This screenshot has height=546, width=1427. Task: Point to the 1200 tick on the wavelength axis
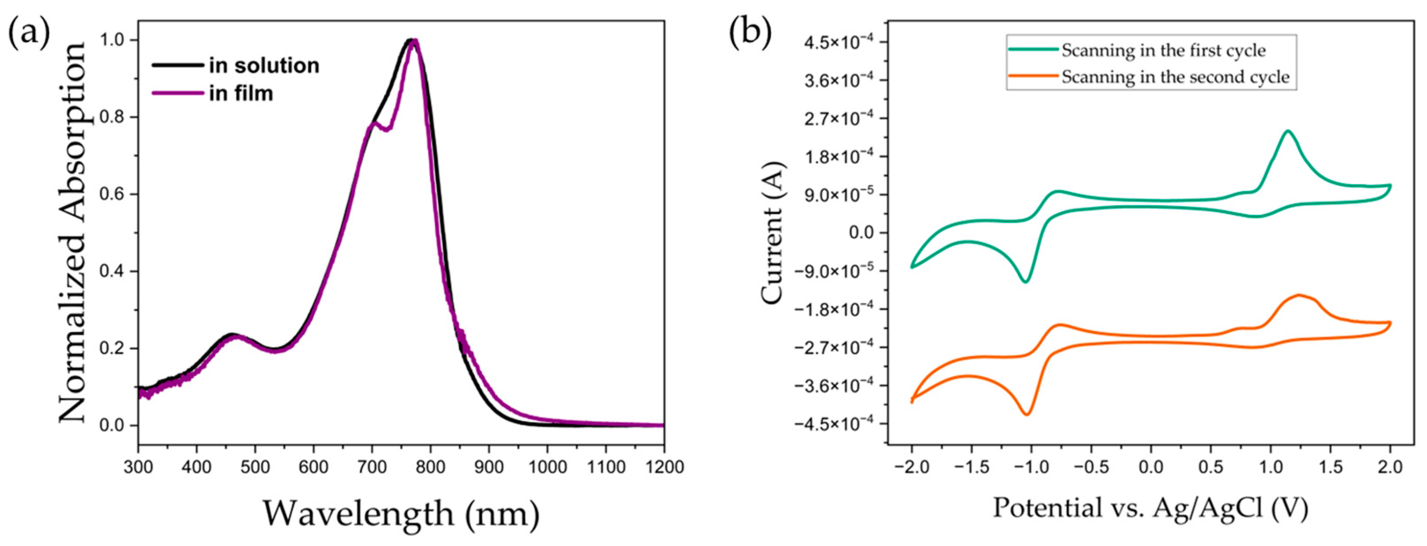[664, 466]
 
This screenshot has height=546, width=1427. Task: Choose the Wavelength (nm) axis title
[400, 513]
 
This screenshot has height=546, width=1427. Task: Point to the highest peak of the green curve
[1283, 147]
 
